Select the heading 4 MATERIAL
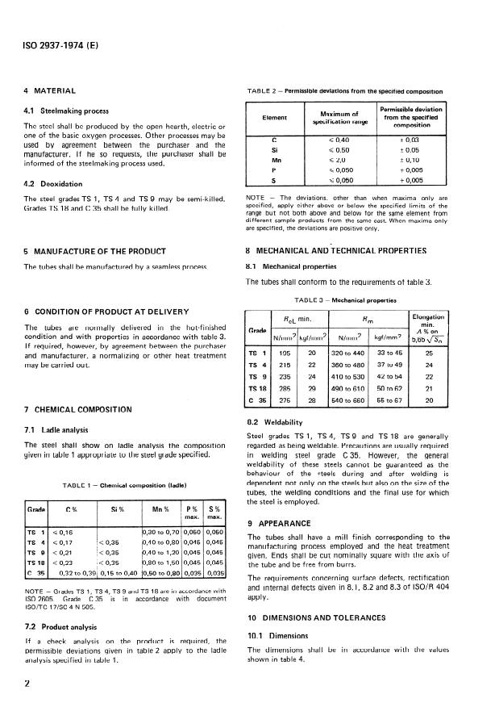coord(50,91)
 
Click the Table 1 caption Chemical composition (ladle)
coord(123,484)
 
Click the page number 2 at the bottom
coord(27,682)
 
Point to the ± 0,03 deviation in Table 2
coord(433,139)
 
